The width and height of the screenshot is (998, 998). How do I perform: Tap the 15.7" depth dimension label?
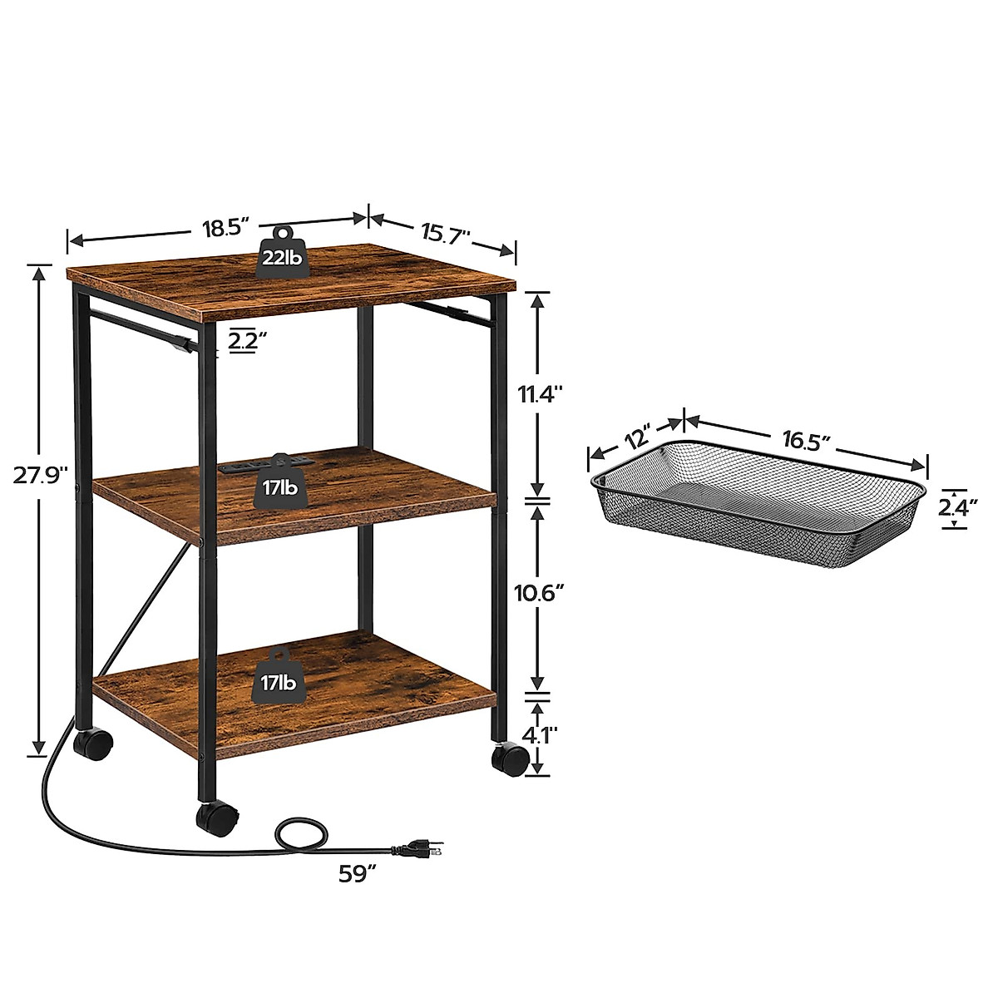click(446, 232)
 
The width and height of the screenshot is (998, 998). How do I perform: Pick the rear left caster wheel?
click(95, 744)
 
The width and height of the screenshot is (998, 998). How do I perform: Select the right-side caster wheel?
click(511, 758)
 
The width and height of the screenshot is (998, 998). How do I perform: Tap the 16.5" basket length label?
click(805, 440)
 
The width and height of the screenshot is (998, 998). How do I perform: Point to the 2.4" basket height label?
click(956, 504)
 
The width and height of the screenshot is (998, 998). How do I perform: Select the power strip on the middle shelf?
click(262, 464)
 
